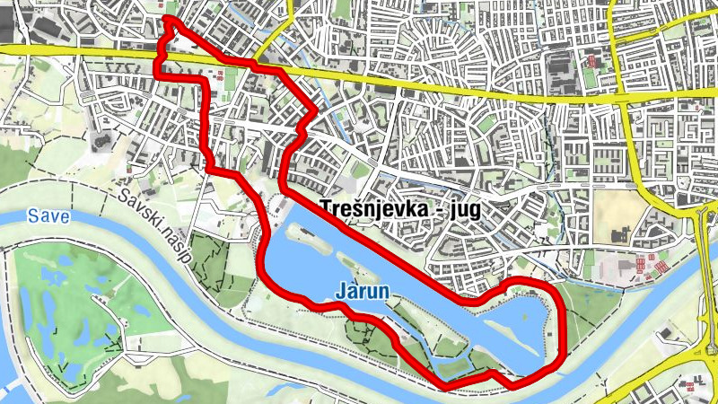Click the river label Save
pyautogui.click(x=43, y=216)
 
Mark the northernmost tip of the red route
pyautogui.click(x=167, y=19)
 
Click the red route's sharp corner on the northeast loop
pyautogui.click(x=316, y=111)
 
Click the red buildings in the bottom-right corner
pyautogui.click(x=690, y=386)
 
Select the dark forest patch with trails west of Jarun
pyautogui.click(x=211, y=256)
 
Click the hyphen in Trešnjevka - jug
pyautogui.click(x=441, y=206)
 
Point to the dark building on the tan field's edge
pyautogui.click(x=618, y=236)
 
